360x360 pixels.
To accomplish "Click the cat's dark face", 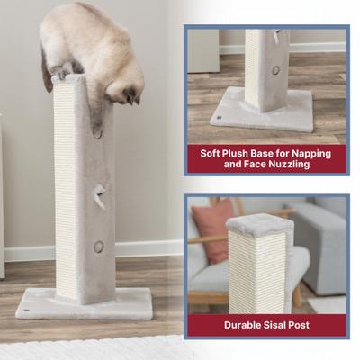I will [x=131, y=93].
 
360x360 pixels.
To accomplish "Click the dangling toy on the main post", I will [x=101, y=196].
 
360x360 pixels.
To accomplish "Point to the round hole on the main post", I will [x=99, y=247].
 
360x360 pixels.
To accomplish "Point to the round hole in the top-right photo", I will [x=275, y=70].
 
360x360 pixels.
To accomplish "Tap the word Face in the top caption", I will [x=253, y=166].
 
